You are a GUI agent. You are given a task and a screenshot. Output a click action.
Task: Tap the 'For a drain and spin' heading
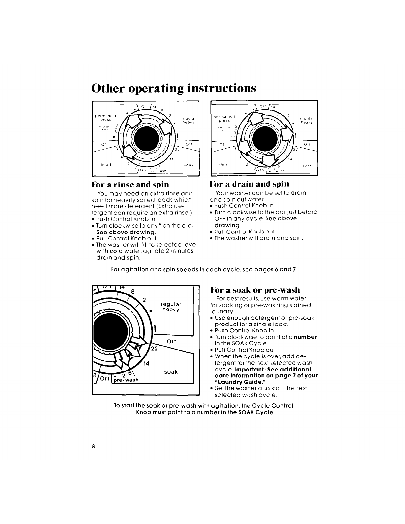click(x=249, y=184)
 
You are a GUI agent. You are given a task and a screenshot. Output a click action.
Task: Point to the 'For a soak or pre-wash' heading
click(x=255, y=290)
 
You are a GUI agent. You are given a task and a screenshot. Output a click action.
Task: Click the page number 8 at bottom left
click(x=94, y=446)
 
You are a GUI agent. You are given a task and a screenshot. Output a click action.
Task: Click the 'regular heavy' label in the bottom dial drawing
click(x=171, y=306)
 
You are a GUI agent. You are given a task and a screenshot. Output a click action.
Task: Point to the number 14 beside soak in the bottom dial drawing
click(x=147, y=363)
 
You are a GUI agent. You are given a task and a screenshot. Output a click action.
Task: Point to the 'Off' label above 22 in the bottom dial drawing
click(x=171, y=341)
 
